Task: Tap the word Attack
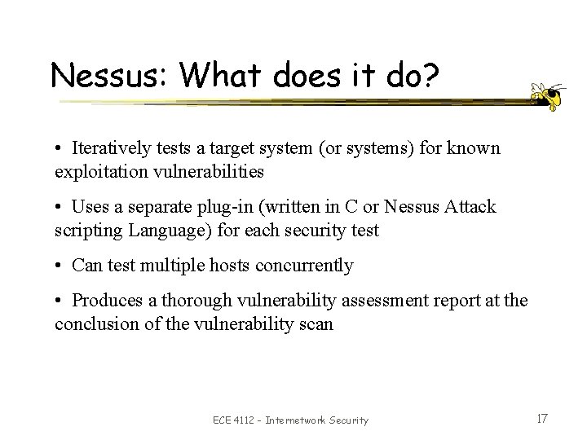point(470,208)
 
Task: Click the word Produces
point(104,301)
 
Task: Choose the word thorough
point(193,301)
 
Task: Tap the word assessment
point(359,301)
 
